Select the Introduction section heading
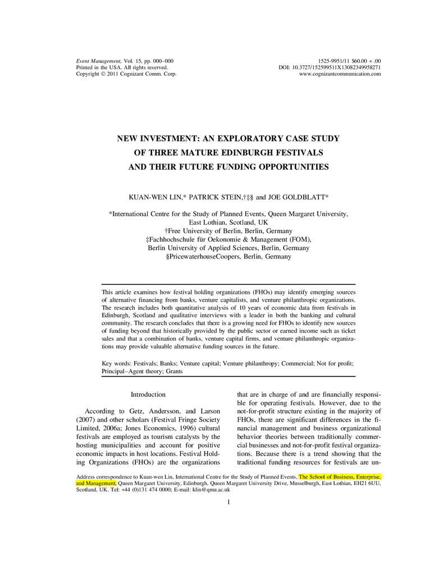pyautogui.click(x=148, y=395)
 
